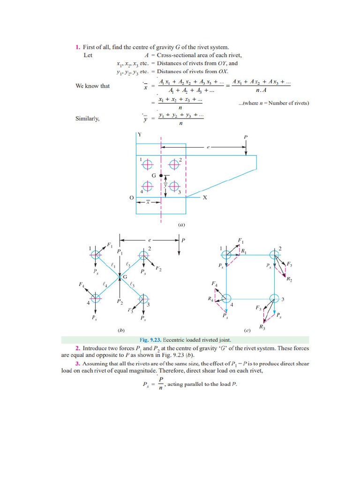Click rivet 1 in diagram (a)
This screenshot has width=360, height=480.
148,164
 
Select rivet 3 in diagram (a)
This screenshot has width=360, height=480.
174,187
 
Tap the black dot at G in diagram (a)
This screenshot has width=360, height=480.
161,175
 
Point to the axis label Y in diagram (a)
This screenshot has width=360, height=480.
139,135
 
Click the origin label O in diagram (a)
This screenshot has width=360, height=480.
131,198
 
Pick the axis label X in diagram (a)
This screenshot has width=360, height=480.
204,198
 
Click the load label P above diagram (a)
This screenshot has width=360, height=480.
245,137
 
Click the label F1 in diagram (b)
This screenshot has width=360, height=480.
110,245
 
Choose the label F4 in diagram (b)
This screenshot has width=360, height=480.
82,284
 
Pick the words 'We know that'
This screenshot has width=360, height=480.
92,86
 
